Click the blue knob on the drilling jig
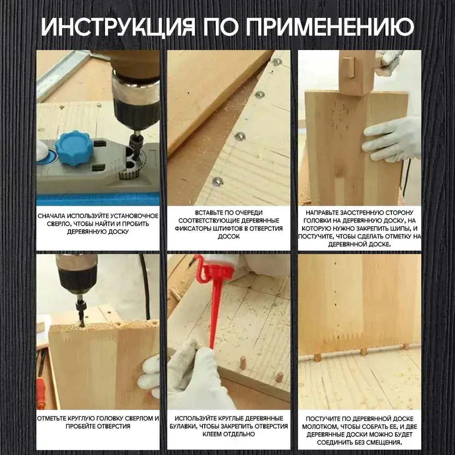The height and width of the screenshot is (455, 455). coord(75,148)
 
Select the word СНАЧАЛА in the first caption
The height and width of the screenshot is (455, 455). coord(51,216)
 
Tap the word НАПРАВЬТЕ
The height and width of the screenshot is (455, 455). coord(321,212)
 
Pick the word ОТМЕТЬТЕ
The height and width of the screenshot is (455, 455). coord(52,419)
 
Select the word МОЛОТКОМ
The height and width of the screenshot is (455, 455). coord(318,427)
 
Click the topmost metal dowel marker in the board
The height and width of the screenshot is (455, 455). coord(277,61)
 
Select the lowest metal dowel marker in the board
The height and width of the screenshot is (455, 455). coord(217,182)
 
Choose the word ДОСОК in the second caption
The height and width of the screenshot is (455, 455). coord(229,237)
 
